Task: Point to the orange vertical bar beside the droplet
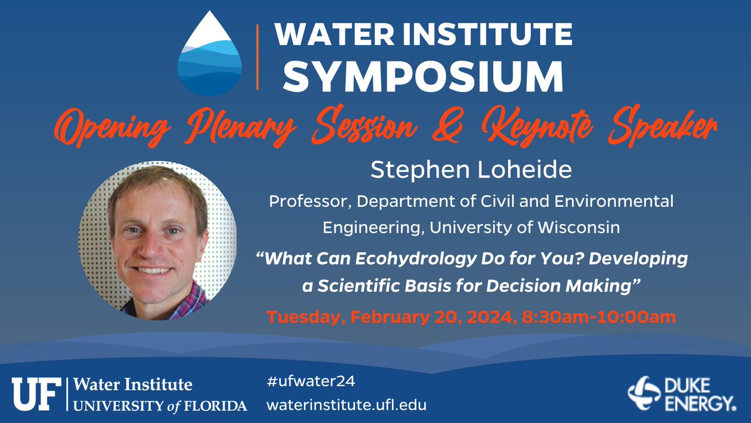click(258, 58)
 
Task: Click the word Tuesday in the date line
click(302, 317)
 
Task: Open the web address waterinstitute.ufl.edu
click(346, 405)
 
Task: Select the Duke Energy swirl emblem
click(644, 394)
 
